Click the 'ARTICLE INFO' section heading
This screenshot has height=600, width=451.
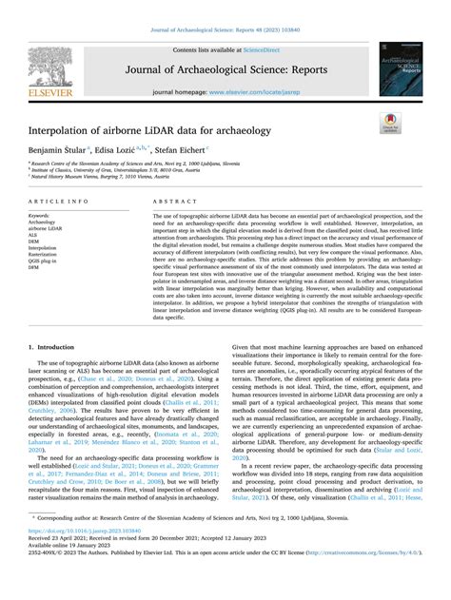[60, 202]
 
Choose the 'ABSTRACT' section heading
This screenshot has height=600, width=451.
[175, 202]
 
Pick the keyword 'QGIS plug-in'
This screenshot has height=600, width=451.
[47, 261]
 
